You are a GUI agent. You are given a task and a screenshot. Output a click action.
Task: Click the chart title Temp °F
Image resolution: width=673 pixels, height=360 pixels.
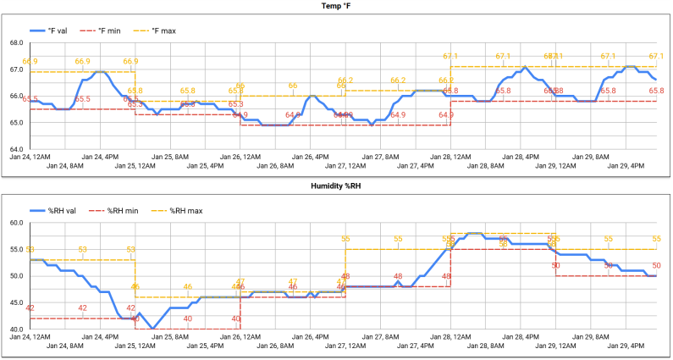tap(335, 8)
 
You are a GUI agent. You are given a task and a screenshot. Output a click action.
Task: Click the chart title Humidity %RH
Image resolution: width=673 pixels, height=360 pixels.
tap(335, 186)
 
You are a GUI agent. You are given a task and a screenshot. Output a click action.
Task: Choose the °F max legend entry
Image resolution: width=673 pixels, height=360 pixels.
tap(163, 30)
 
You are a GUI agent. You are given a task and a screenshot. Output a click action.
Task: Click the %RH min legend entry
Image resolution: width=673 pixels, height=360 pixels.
tap(116, 210)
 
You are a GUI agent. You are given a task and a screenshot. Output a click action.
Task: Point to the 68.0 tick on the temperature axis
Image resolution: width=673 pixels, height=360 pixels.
tap(15, 42)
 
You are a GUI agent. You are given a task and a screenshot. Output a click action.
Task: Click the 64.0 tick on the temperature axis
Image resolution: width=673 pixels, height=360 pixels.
tap(15, 149)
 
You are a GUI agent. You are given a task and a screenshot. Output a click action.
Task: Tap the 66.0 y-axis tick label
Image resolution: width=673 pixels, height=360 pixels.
tap(15, 96)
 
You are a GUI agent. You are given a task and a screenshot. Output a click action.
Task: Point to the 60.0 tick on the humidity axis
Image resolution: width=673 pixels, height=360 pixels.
tap(15, 223)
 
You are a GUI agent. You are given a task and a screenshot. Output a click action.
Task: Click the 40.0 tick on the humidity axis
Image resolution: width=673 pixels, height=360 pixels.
tap(15, 329)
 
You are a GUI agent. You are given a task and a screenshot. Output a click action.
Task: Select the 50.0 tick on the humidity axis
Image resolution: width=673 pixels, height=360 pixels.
tap(15, 276)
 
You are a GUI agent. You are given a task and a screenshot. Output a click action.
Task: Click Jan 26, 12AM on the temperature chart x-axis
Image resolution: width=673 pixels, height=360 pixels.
tap(240, 158)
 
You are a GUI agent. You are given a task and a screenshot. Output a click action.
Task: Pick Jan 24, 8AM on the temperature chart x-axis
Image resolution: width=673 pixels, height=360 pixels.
tap(65, 167)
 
